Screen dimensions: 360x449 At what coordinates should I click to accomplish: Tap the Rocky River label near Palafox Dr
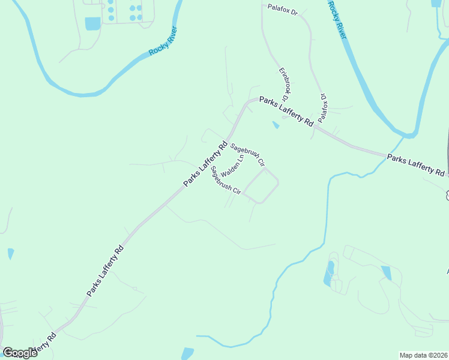coord(337,19)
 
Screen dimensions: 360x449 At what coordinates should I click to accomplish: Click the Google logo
coord(20,352)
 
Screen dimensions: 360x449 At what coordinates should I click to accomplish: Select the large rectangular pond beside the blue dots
coord(93,23)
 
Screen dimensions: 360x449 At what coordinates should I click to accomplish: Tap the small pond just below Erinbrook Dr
coord(276,125)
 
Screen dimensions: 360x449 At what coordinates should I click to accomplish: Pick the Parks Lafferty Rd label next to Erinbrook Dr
coord(286,111)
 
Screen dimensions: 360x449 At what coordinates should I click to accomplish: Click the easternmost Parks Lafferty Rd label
coord(416,164)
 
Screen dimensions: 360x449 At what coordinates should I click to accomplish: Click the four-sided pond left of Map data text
coord(385,273)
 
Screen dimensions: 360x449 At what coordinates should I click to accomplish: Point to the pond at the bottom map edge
coord(187,354)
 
